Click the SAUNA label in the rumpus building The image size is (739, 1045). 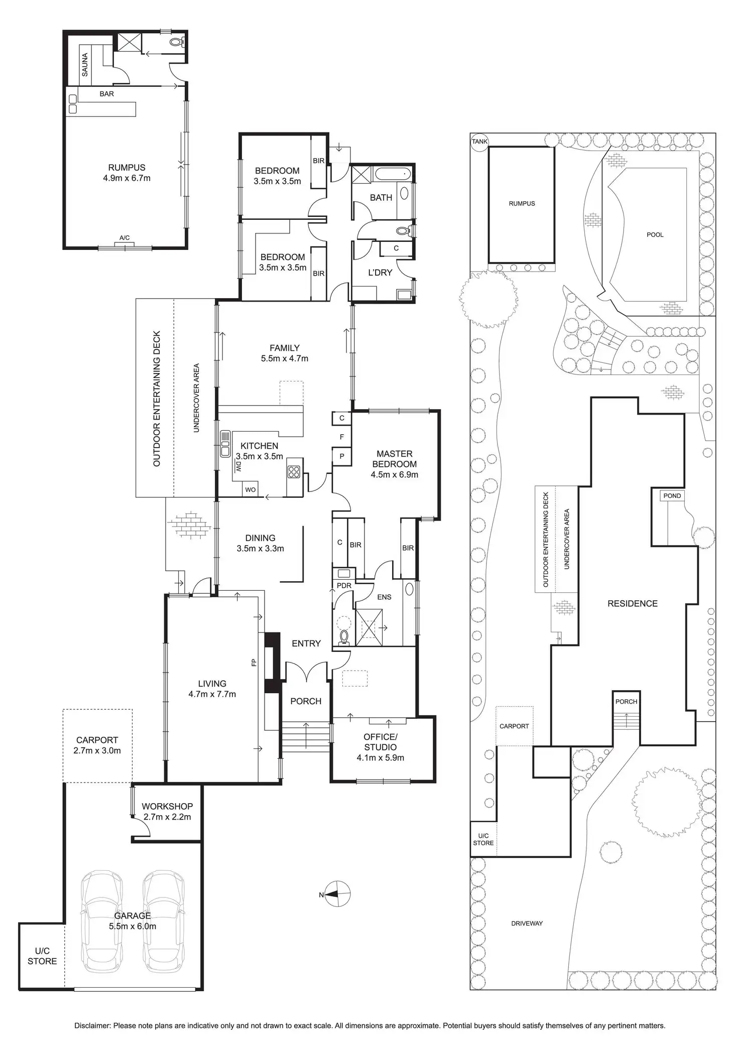coord(85,65)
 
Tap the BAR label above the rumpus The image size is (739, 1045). coord(106,94)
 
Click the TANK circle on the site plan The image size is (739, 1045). coord(479,142)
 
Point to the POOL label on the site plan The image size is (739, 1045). coord(655,234)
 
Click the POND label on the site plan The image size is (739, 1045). coord(672,496)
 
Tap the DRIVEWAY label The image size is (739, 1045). coord(527,923)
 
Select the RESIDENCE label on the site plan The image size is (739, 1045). coord(632,604)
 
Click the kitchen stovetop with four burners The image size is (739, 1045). coord(294,472)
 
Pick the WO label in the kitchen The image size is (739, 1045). coord(250,490)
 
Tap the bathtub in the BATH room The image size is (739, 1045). coord(393,175)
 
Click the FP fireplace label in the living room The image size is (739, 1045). coord(254,663)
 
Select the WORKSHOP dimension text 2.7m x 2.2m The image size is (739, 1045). coord(167,817)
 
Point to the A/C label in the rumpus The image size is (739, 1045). coord(125,238)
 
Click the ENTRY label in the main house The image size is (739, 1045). coord(306,643)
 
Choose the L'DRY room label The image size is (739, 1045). coord(380,273)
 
